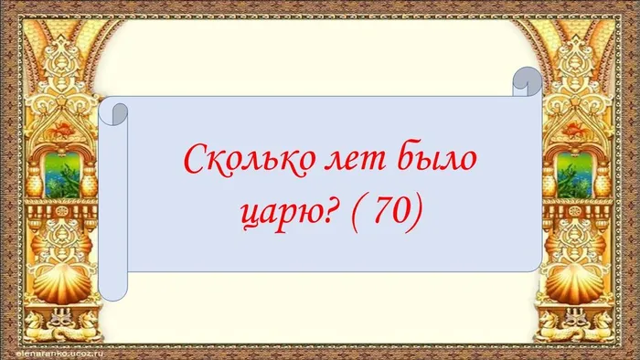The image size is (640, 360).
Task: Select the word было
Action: coord(433,163)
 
